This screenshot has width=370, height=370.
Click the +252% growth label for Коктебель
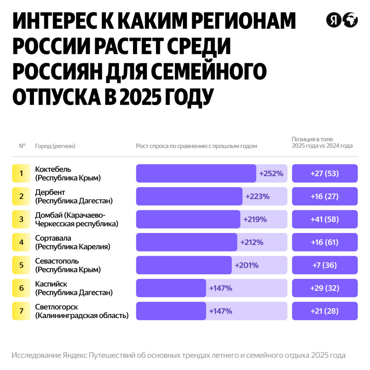tap(271, 173)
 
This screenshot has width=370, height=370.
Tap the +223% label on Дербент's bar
tap(257, 197)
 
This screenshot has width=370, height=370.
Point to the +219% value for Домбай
tap(255, 219)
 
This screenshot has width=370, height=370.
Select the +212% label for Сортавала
tap(252, 242)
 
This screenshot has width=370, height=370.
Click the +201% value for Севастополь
tap(247, 265)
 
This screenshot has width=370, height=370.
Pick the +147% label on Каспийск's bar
tap(220, 288)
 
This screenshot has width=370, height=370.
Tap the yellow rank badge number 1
tap(21, 173)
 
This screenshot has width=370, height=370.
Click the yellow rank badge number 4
tap(21, 242)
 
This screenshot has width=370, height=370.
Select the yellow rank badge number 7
tap(21, 311)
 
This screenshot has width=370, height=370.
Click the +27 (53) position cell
tap(324, 173)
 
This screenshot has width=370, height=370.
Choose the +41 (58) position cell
tap(324, 219)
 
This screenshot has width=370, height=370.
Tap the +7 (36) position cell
tap(324, 265)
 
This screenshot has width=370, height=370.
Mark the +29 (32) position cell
tap(324, 288)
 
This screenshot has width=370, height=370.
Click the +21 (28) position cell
tap(324, 311)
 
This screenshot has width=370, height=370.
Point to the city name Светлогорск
tap(56, 307)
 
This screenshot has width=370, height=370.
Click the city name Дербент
tap(50, 192)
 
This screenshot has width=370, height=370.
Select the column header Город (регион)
tap(55, 146)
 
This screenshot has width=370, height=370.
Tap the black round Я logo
tap(334, 20)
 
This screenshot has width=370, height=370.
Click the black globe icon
tap(350, 20)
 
